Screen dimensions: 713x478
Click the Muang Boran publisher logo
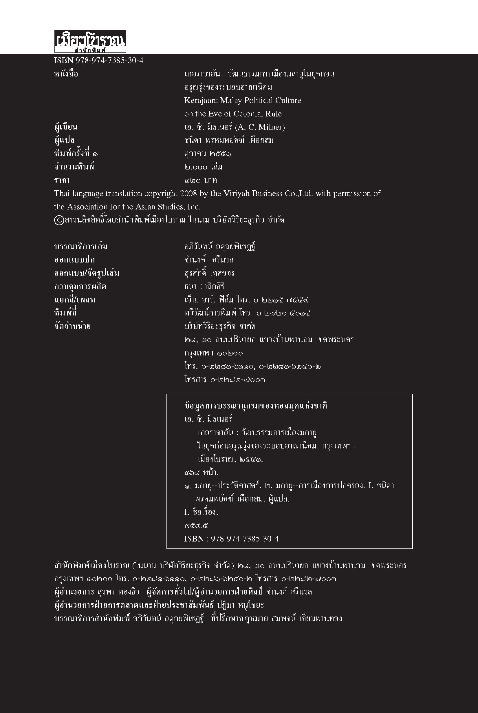click(90, 41)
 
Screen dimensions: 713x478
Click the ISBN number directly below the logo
click(98, 60)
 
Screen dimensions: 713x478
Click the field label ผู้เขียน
click(65, 127)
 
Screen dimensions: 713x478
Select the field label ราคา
click(62, 180)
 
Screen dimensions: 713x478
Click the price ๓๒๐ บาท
click(200, 180)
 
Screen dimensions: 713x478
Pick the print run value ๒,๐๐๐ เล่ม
click(203, 167)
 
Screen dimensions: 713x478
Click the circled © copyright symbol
click(58, 220)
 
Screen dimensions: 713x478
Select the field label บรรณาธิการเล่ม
click(81, 247)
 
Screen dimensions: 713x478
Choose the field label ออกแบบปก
click(74, 260)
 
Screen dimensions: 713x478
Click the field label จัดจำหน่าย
click(73, 326)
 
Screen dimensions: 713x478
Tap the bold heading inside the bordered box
click(255, 406)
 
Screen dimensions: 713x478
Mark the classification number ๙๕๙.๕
click(196, 526)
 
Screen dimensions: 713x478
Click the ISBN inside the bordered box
click(231, 539)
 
